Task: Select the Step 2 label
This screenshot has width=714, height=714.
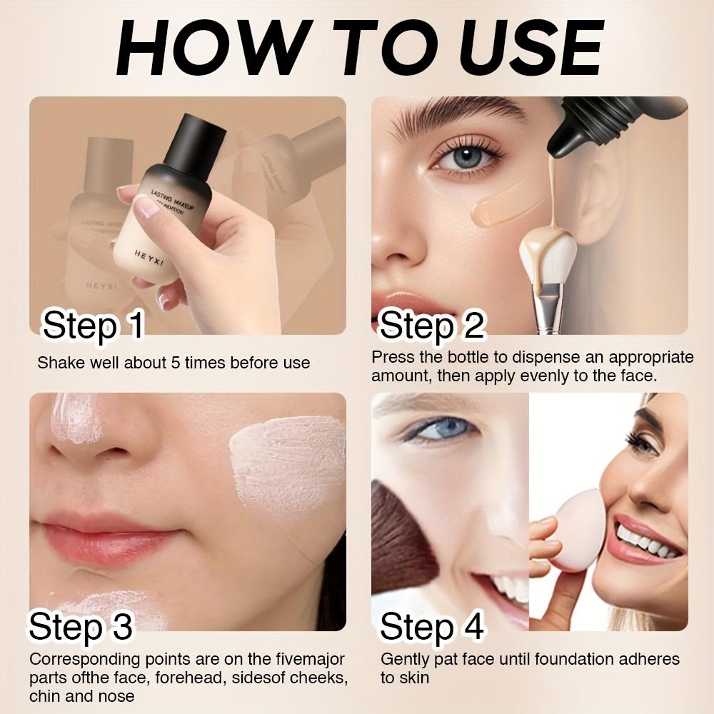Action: (432, 326)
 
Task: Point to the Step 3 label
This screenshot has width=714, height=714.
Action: (81, 626)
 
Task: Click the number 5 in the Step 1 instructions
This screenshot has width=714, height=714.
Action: (176, 363)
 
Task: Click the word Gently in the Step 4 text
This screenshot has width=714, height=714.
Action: (405, 659)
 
